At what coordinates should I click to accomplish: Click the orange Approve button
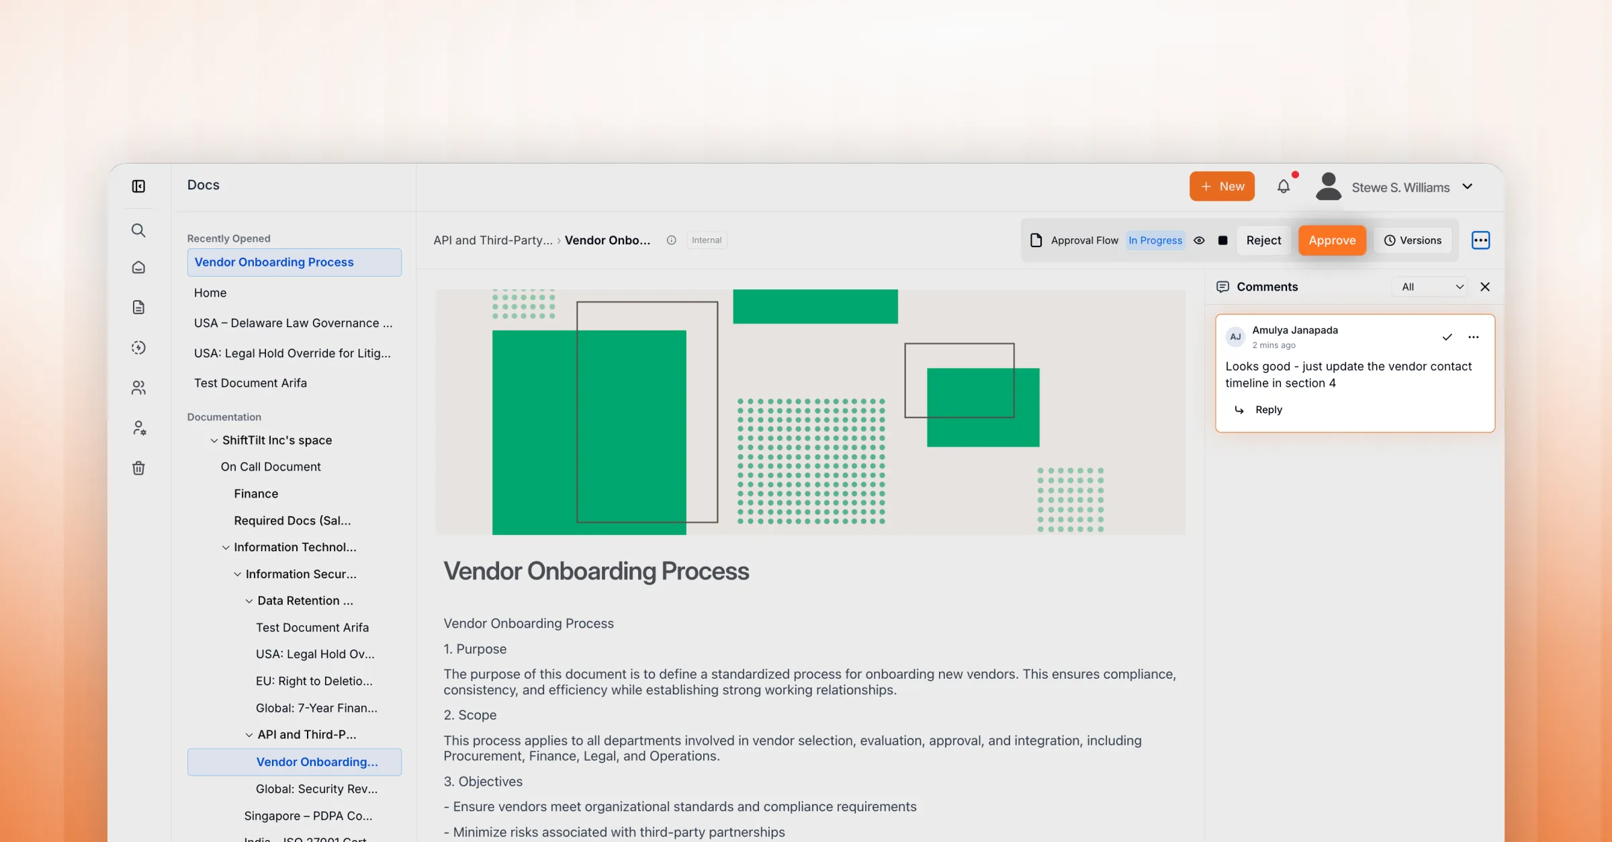(1332, 240)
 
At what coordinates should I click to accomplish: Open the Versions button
(1413, 240)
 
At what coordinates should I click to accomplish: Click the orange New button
(1222, 186)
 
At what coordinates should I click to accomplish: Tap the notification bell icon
(1284, 186)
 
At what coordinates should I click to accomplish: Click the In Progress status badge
(1155, 240)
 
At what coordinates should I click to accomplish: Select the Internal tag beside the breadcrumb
(707, 240)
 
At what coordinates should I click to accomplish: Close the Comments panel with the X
(1485, 287)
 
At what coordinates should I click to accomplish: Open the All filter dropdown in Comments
(1431, 287)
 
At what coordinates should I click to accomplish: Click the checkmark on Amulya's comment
(1447, 337)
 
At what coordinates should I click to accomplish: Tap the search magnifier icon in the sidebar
(138, 230)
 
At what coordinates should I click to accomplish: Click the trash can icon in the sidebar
(138, 468)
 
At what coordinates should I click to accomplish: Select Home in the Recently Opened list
(210, 293)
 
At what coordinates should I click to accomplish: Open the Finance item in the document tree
(256, 494)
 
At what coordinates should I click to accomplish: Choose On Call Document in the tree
(271, 467)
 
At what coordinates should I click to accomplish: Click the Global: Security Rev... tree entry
(316, 789)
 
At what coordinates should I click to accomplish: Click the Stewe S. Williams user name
(1400, 187)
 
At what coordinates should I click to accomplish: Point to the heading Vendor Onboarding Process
(596, 571)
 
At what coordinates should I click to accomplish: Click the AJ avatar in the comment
(1235, 336)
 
